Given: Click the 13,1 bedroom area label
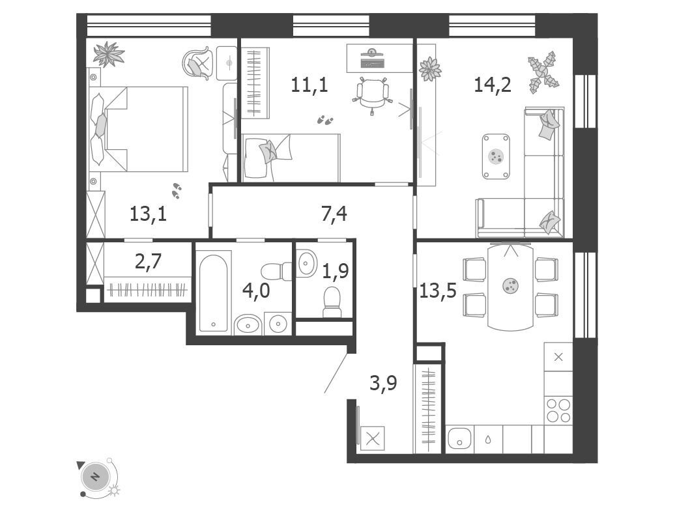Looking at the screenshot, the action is (148, 214).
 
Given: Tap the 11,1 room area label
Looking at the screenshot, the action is (309, 84).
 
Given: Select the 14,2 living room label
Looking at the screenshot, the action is (493, 84).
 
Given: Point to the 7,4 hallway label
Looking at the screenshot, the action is (334, 214).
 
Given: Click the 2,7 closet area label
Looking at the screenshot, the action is (148, 261).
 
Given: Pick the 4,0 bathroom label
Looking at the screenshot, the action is (255, 291).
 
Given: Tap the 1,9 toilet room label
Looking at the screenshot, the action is (336, 271).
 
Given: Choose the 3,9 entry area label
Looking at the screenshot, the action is (383, 383).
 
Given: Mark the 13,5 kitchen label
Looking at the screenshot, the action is (438, 291).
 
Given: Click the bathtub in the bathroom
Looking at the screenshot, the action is (214, 293).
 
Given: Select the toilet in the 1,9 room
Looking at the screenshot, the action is (332, 302).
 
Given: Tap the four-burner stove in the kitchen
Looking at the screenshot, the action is (558, 410).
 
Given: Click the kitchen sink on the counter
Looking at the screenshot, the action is (459, 439).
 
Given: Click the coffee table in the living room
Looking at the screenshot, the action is (496, 156).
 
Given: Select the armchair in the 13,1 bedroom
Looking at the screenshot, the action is (199, 63).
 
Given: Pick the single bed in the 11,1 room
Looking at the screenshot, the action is (291, 158).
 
